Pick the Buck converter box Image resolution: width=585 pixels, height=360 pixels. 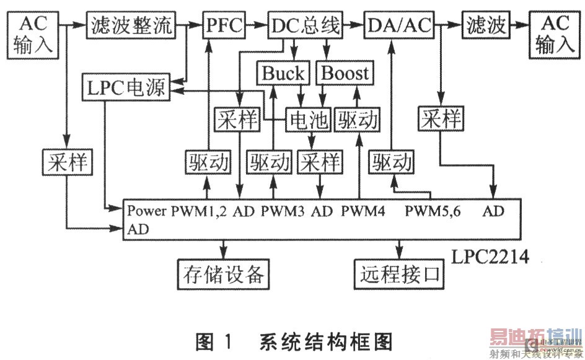(x=283, y=74)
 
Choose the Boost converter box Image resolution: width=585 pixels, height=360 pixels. (x=345, y=74)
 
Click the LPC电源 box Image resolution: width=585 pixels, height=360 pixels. (x=126, y=88)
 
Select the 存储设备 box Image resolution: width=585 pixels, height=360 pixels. (x=224, y=274)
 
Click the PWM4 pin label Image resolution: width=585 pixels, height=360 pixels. (x=363, y=211)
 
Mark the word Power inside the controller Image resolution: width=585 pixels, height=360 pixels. (x=147, y=211)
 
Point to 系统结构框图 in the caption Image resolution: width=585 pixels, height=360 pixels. (x=326, y=341)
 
